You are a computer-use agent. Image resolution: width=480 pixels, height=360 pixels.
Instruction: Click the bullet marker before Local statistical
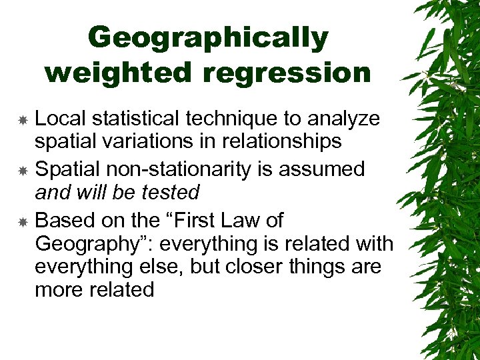coord(23,120)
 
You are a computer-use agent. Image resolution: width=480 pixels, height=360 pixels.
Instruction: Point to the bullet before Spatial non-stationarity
coord(23,171)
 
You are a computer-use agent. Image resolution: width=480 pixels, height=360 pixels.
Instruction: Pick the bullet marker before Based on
coord(23,221)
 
